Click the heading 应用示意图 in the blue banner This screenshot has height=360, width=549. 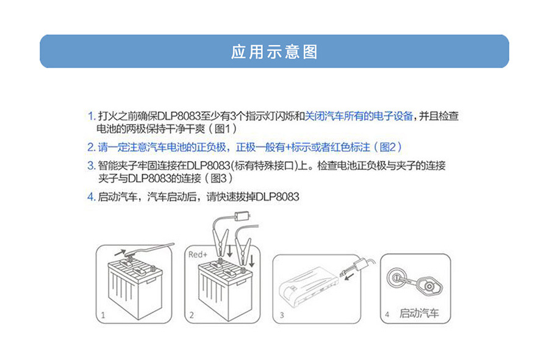coord(274,52)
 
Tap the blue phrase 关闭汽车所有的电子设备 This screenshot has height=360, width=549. coord(359,116)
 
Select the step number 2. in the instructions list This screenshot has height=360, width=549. coord(91,147)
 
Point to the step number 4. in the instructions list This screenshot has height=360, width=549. coord(91,197)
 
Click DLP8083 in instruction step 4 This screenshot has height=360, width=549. coord(278,197)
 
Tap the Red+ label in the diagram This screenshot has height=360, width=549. coord(198,254)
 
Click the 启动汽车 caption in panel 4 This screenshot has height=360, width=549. coord(419,313)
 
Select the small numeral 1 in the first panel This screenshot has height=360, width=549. coord(103,315)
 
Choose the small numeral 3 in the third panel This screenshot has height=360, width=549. coord(281,315)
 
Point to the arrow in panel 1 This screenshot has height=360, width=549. coord(120,252)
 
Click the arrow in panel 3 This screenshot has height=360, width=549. coord(349,278)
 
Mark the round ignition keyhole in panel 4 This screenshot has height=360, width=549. coord(395,278)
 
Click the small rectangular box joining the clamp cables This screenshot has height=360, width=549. coord(243,216)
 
